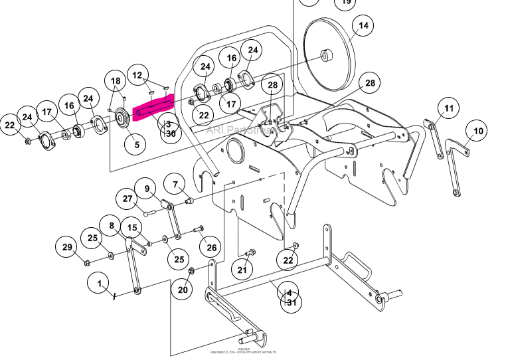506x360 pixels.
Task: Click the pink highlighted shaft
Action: [x=153, y=108]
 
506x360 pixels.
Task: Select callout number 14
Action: [x=363, y=26]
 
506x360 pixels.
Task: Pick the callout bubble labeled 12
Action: [x=137, y=75]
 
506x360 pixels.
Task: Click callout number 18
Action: [x=116, y=82]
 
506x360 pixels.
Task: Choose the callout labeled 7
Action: [x=175, y=184]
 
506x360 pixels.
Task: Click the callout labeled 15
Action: [x=133, y=228]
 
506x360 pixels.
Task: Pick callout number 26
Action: [x=211, y=248]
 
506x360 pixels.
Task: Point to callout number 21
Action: [x=242, y=269]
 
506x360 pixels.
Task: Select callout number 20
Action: [x=183, y=289]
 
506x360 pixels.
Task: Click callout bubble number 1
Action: [x=100, y=284]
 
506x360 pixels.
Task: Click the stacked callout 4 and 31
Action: [x=290, y=297]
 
